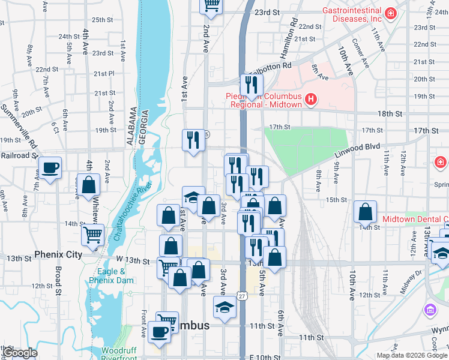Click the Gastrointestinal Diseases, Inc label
pyautogui.click(x=352, y=14)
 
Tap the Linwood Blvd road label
pyautogui.click(x=357, y=151)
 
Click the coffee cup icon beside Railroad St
pyautogui.click(x=49, y=167)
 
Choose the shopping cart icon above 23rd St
pyautogui.click(x=211, y=5)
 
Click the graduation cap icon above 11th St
pyautogui.click(x=224, y=308)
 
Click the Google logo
pyautogui.click(x=20, y=353)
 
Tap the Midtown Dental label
pyautogui.click(x=415, y=219)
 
